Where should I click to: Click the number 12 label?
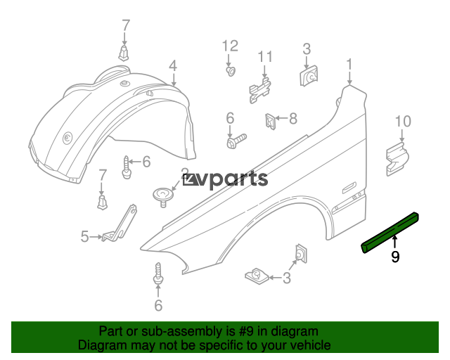point(230,46)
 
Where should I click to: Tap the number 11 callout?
point(265,57)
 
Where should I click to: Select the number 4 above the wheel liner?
point(173,66)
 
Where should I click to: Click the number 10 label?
point(403,121)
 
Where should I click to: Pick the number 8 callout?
point(292,118)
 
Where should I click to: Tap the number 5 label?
point(84,236)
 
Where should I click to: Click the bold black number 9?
point(395,257)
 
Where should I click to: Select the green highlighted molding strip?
point(390,233)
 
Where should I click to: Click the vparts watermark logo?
point(225,179)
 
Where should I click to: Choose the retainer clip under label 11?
point(260,89)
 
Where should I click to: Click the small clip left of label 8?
point(270,121)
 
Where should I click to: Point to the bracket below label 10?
point(397,159)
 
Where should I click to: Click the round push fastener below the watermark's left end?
point(163,195)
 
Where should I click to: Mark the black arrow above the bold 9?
point(395,241)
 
